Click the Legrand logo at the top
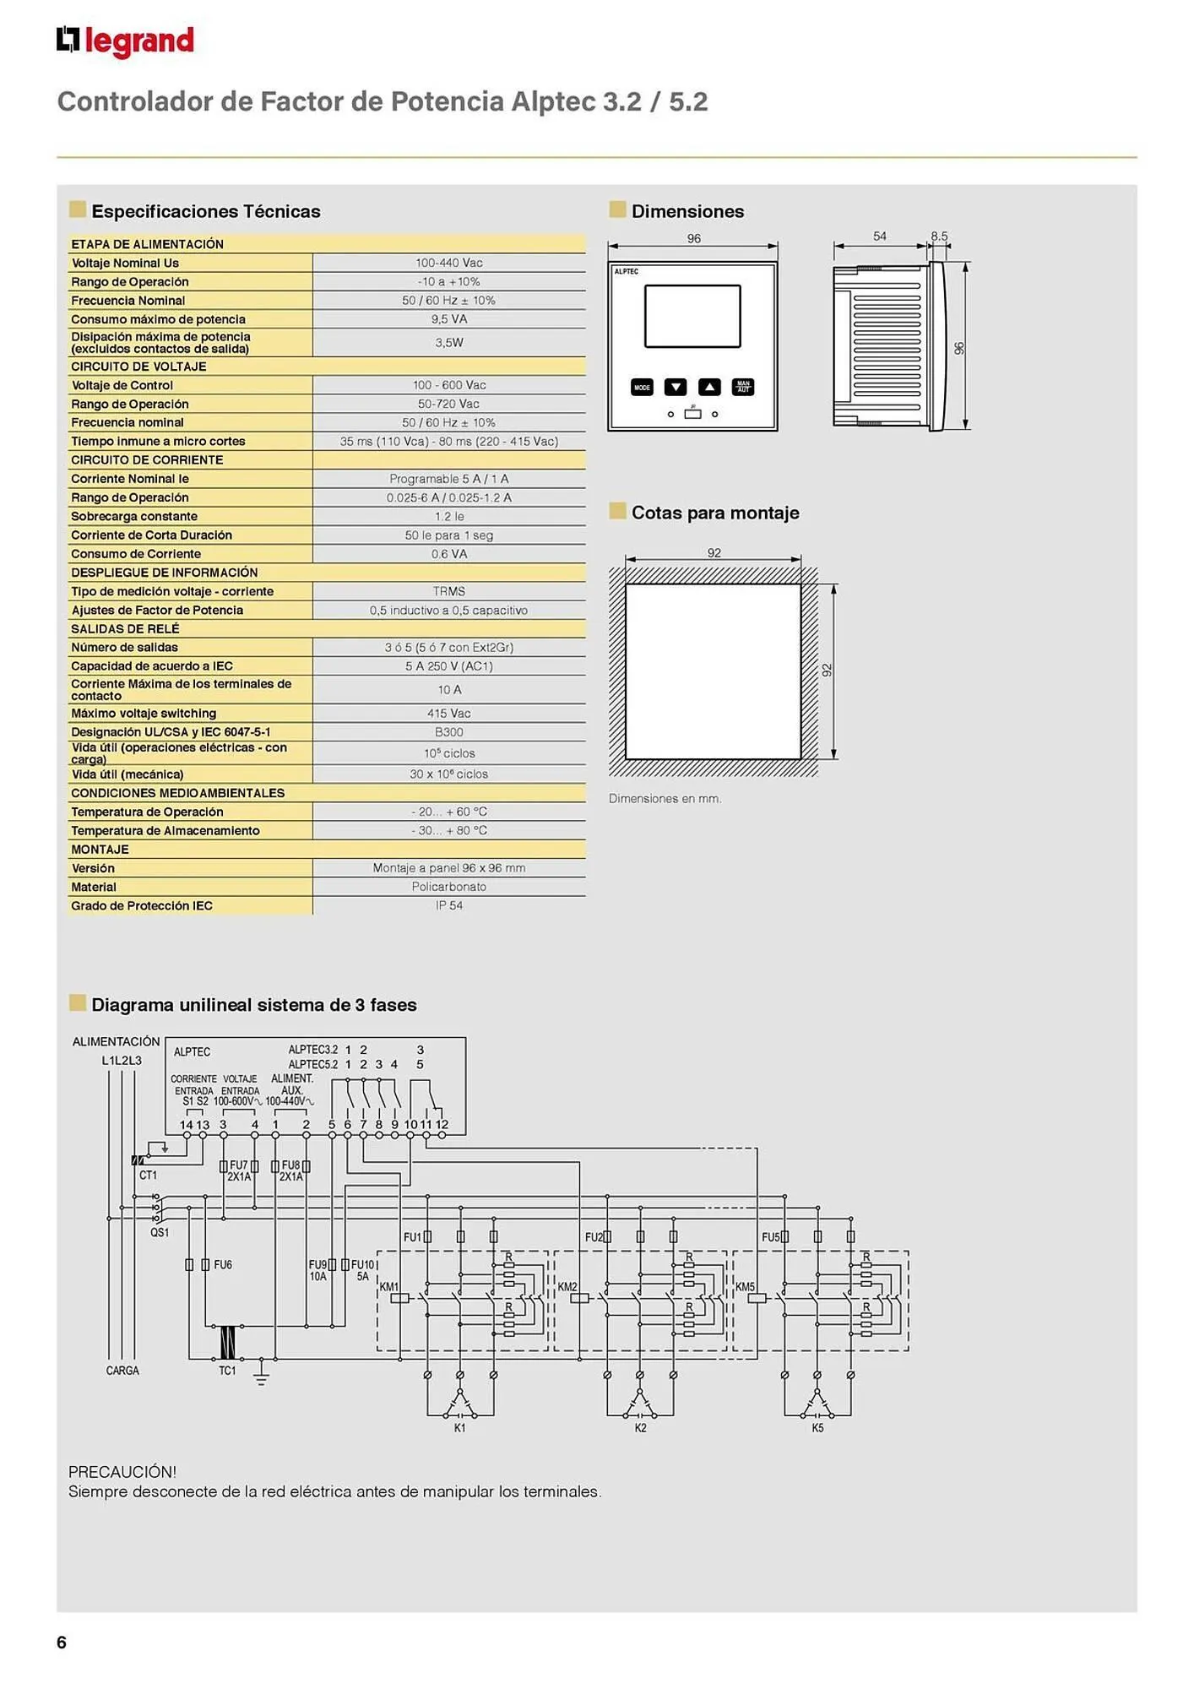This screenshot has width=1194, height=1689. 125,41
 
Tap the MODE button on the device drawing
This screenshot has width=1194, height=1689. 642,388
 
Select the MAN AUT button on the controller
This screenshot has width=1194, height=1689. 743,388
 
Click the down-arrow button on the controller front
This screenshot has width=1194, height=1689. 676,388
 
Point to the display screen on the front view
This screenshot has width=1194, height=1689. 692,316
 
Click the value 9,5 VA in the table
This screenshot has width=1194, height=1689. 449,319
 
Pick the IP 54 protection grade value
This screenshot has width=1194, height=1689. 449,905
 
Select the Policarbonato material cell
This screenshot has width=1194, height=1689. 449,887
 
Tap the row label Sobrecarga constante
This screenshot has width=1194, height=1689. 134,516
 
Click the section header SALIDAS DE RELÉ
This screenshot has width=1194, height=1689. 125,629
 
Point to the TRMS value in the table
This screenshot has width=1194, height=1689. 449,591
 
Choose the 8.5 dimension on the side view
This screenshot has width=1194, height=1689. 939,236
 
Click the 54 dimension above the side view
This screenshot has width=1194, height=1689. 880,236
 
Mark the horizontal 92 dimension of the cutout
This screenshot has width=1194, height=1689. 714,553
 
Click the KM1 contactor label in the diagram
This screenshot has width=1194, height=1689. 389,1287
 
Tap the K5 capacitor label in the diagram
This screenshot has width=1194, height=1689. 817,1428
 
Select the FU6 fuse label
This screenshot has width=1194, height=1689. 223,1265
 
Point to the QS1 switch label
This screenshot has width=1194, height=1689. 160,1232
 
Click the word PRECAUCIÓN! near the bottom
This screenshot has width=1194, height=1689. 122,1472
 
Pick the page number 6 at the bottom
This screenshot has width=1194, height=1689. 62,1643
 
